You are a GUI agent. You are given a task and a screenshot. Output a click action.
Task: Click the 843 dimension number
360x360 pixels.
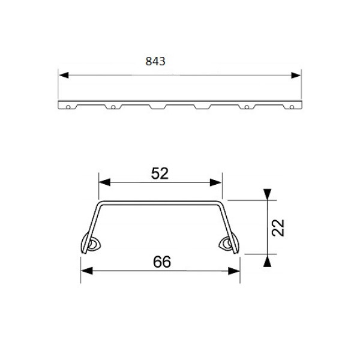[x=155, y=61]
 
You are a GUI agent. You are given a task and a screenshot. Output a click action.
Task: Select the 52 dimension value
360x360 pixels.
[x=160, y=173]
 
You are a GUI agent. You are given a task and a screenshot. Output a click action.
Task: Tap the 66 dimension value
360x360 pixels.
[x=162, y=262]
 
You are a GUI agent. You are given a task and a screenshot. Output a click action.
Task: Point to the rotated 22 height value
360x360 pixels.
[x=278, y=228]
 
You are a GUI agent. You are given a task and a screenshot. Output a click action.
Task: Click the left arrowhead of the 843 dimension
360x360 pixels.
[x=64, y=75]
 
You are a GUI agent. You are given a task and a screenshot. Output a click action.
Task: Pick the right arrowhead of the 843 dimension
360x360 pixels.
[x=296, y=75]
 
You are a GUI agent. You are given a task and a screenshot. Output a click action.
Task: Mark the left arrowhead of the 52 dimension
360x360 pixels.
[x=104, y=182]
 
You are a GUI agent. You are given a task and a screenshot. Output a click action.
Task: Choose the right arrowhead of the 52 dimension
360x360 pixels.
[x=216, y=182]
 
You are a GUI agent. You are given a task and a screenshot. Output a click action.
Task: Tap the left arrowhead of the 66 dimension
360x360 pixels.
[x=87, y=271]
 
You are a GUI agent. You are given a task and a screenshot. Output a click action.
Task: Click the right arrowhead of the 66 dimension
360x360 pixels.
[x=234, y=271]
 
